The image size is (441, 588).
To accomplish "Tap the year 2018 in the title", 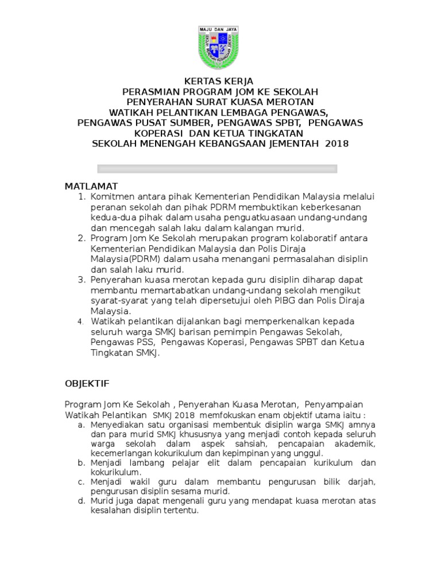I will pos(336,144).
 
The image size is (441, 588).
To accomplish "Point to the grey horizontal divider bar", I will pos(217,169).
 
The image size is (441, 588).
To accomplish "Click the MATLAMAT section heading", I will pos(91,187).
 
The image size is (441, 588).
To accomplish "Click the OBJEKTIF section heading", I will pos(87,383).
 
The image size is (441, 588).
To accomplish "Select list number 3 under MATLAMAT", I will pos(82,280).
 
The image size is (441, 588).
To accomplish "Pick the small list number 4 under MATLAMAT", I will pos(82,322).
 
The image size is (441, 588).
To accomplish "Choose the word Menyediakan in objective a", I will pos(117,425).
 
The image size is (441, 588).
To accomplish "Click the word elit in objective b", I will pos(211,463).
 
